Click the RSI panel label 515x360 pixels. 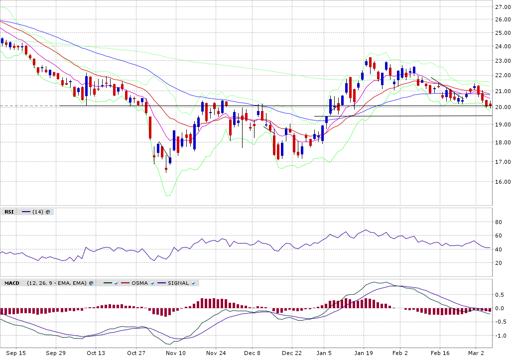[9, 212]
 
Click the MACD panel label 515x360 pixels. [11, 283]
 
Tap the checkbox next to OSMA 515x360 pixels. [152, 283]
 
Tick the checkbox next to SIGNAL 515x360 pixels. [193, 283]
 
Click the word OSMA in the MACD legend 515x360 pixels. [139, 283]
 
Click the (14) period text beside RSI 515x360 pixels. [37, 212]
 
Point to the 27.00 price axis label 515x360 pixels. [503, 7]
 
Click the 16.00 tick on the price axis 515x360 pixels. [503, 182]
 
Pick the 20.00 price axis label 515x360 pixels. [503, 107]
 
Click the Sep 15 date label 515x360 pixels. [16, 353]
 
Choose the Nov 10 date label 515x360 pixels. [175, 353]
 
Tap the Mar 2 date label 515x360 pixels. [476, 353]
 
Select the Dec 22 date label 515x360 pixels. [292, 353]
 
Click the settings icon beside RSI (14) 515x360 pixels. [48, 212]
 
